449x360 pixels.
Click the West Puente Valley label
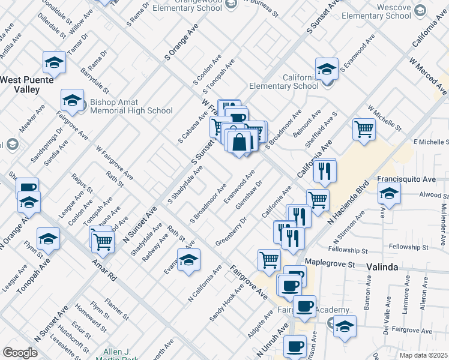pyautogui.click(x=27, y=84)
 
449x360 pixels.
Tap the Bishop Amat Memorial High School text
pyautogui.click(x=122, y=106)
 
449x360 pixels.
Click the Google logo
pyautogui.click(x=20, y=352)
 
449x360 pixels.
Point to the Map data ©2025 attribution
pyautogui.click(x=424, y=355)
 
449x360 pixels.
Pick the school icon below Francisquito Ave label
pyautogui.click(x=389, y=194)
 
